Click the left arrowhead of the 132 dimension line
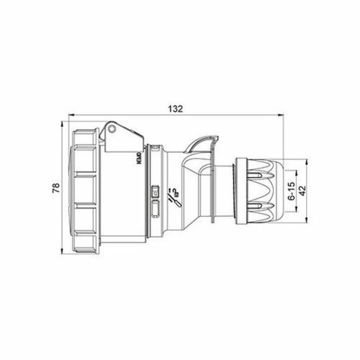tap(70, 115)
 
